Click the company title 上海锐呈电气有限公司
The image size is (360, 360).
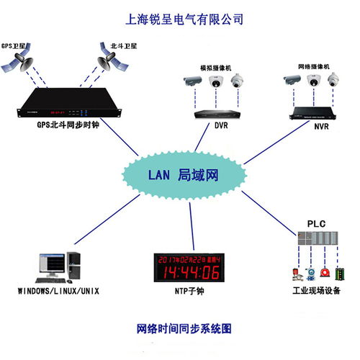coord(184,17)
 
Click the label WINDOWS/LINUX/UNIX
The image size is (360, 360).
coord(58,291)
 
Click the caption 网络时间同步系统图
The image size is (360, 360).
coord(184,328)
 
